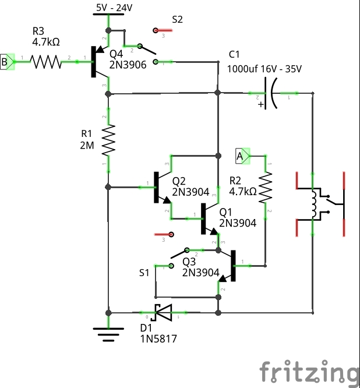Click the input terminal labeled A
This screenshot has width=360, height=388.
pos(241,156)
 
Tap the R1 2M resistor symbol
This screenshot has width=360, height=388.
pos(108,142)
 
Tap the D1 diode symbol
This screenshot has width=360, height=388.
pos(164,313)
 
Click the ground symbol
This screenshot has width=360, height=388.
pos(108,332)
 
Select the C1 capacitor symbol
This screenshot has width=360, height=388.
pos(269,93)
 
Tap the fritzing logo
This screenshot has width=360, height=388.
pos(308,372)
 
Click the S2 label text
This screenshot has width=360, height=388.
pos(178,19)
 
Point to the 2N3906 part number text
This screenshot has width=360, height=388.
pos(128,65)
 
